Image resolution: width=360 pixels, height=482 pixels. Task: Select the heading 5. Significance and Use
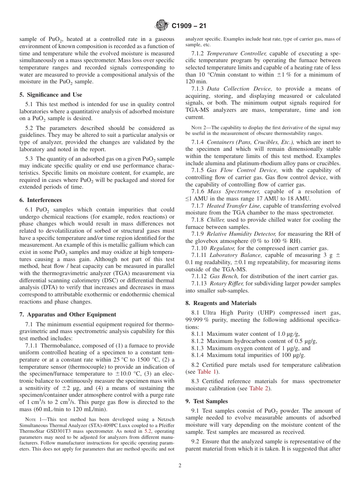pyautogui.click(x=51, y=95)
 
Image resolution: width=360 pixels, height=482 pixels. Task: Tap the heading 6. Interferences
pyautogui.click(x=41, y=200)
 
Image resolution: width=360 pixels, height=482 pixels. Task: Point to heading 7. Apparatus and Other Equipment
pyautogui.click(x=68, y=315)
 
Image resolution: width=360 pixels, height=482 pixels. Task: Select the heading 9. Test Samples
pyautogui.click(x=207, y=401)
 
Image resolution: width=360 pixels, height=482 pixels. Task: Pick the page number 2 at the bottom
pyautogui.click(x=180, y=466)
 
